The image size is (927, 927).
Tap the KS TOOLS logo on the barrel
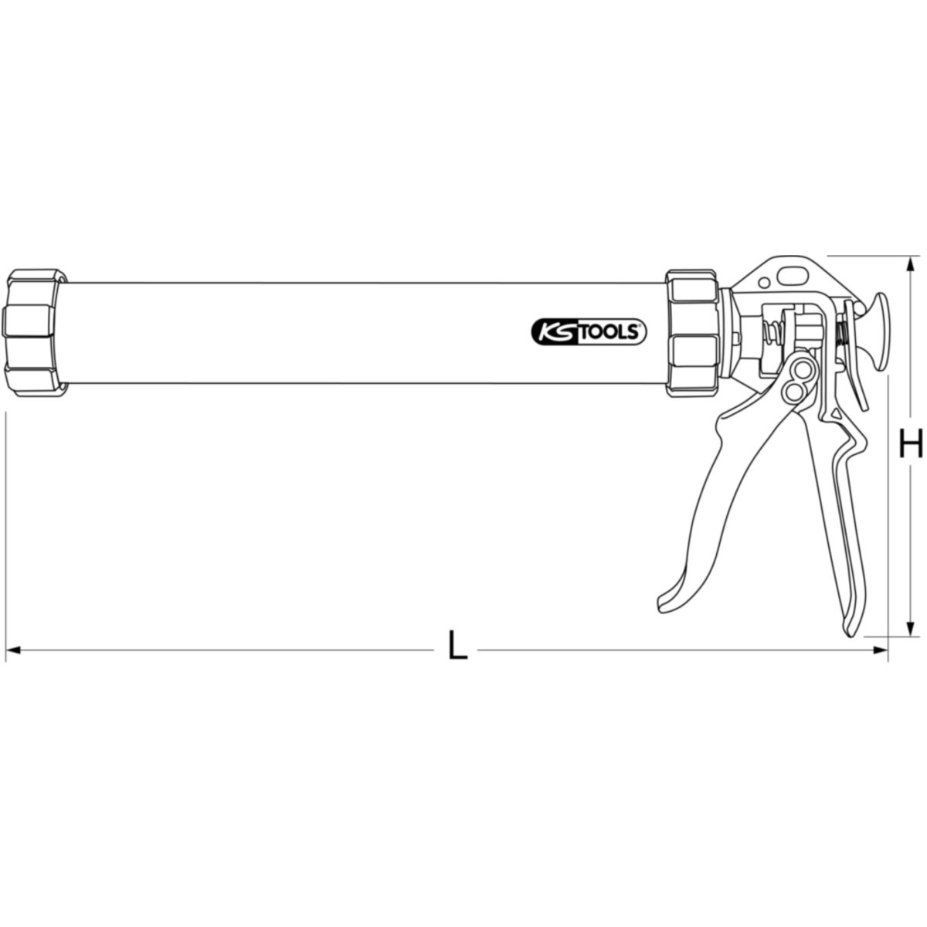coord(589,333)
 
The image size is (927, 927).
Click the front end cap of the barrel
coord(34,333)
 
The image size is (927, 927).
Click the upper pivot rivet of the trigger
coord(802,371)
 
